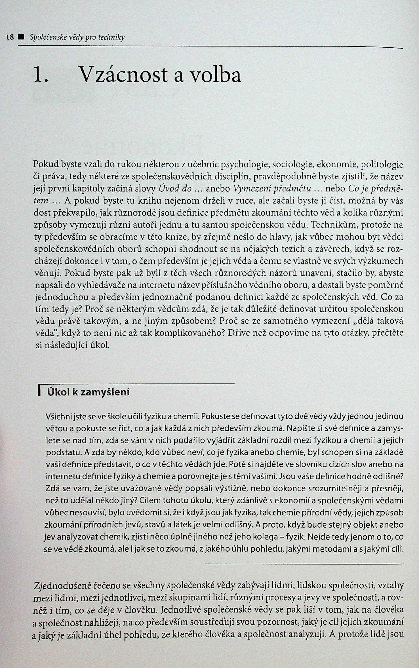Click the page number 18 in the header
(10, 37)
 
